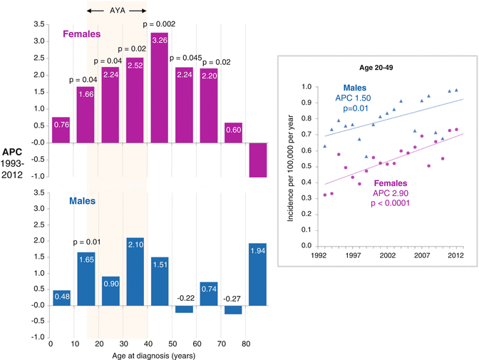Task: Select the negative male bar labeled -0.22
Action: [185, 309]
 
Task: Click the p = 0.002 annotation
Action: [160, 25]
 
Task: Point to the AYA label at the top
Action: [116, 11]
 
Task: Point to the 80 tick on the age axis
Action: [244, 344]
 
